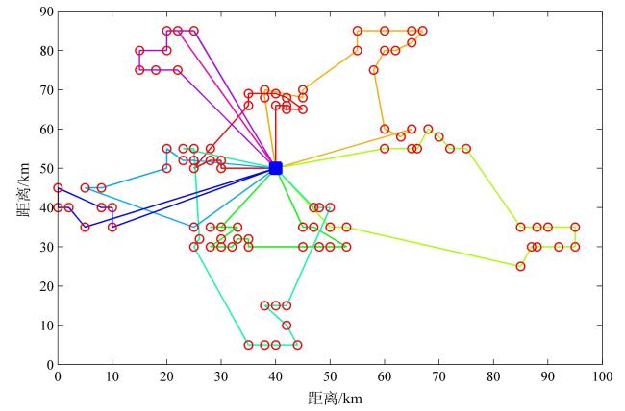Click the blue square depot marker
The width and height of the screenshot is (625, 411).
[x=276, y=168]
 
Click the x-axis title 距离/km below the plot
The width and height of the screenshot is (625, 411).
[x=331, y=398]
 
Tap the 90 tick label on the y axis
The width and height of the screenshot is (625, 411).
[x=45, y=12]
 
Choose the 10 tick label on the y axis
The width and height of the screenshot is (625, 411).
[x=45, y=326]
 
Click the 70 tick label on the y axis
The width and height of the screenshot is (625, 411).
[x=45, y=90]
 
